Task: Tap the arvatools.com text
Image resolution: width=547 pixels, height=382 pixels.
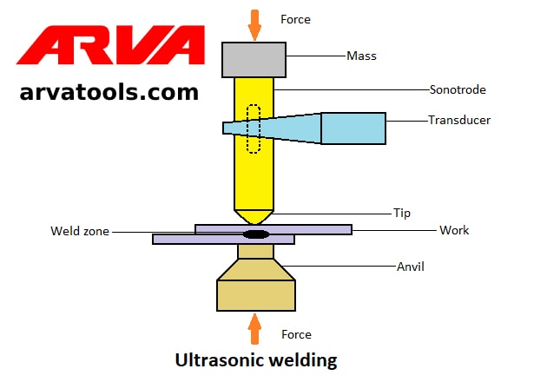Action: point(109,91)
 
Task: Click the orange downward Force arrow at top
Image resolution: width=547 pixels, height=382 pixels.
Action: point(254,23)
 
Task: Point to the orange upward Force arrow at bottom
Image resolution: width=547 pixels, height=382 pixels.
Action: point(254,329)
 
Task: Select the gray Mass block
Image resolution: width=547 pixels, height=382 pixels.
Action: point(254,59)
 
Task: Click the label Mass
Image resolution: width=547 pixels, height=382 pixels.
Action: point(361,56)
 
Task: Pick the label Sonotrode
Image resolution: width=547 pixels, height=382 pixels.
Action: point(458,89)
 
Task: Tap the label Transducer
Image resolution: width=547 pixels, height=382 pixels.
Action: point(459,120)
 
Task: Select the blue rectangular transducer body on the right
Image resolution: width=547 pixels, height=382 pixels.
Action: point(353,128)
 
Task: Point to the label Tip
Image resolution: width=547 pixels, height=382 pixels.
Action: point(402,213)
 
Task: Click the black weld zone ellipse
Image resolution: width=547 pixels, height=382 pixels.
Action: point(255,234)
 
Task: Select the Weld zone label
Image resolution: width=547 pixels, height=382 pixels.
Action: point(80,232)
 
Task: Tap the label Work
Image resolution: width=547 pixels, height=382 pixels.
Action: point(454,230)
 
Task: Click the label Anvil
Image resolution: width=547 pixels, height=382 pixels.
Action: point(410,267)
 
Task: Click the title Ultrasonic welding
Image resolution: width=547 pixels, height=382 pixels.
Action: point(256,359)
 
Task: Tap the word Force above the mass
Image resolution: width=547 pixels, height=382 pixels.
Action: point(296,18)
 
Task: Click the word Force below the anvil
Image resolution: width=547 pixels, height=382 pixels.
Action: point(296,334)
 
